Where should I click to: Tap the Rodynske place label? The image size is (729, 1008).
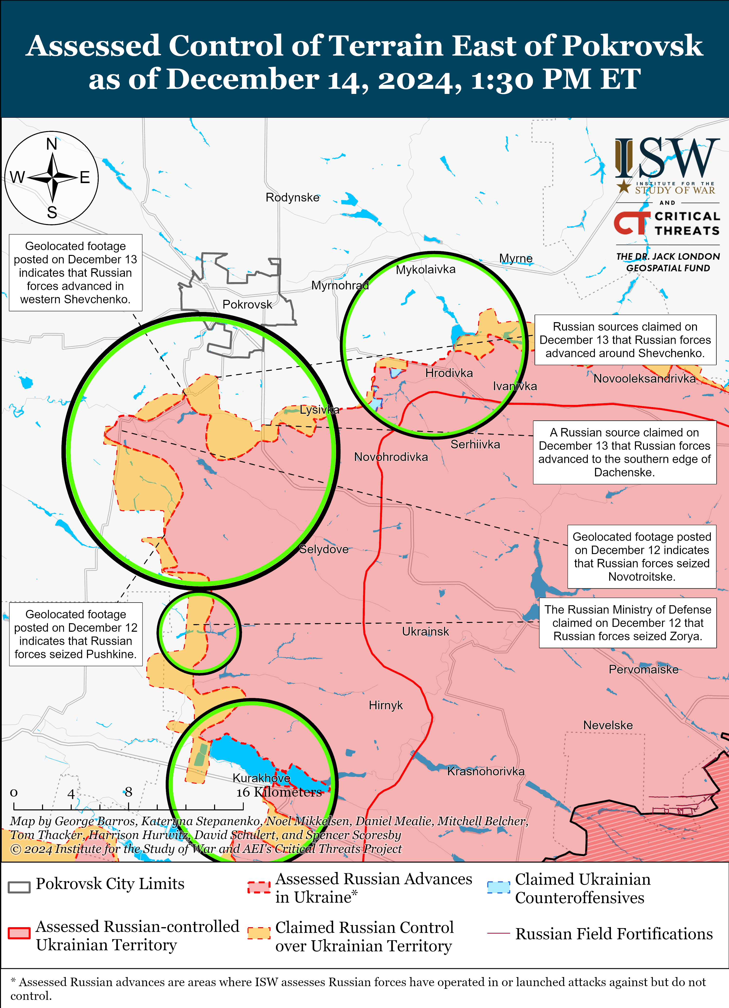click(292, 197)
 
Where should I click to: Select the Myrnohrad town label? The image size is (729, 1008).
click(340, 285)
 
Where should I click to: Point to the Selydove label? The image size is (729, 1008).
click(324, 549)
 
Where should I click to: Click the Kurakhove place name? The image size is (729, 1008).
click(261, 778)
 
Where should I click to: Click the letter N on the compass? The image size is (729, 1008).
click(52, 144)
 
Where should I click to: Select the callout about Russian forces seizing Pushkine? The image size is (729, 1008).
click(76, 634)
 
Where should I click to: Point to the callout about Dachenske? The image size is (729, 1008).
click(625, 453)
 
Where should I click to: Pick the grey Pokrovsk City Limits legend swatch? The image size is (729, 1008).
click(19, 887)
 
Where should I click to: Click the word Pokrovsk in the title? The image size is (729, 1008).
click(632, 46)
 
